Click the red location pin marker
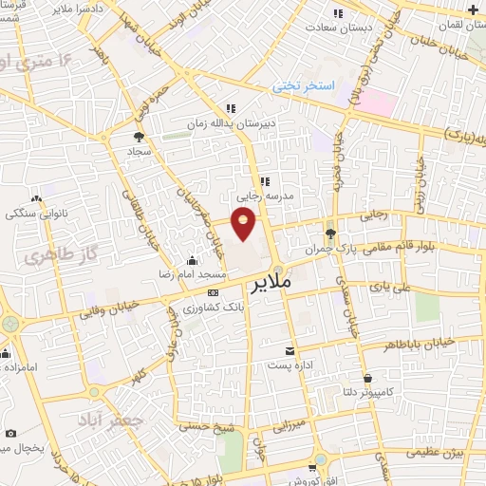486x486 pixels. [x=245, y=225]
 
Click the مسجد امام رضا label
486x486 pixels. [x=189, y=274]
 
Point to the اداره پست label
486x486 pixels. [x=290, y=365]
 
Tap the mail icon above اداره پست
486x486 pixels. [x=290, y=350]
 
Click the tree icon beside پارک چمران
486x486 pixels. [x=330, y=233]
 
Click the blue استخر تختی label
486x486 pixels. [x=305, y=85]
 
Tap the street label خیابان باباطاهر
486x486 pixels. [x=419, y=346]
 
